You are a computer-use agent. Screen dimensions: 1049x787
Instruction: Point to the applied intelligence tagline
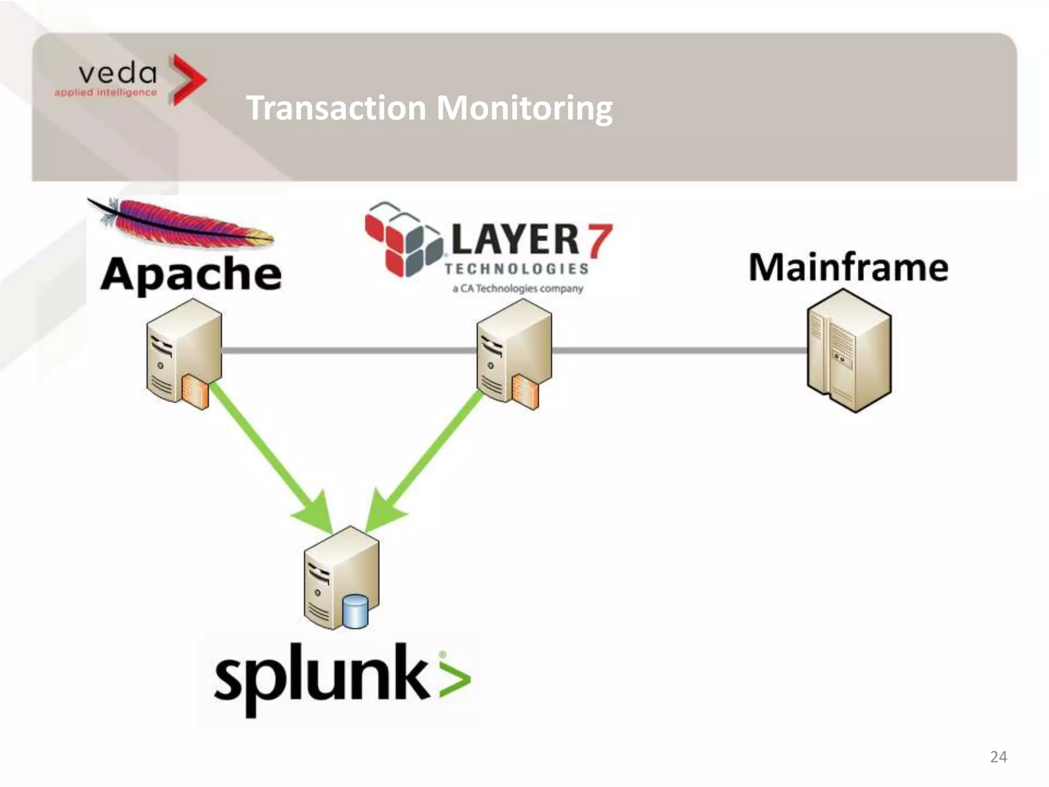[106, 92]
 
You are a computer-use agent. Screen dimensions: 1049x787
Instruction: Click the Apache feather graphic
[184, 223]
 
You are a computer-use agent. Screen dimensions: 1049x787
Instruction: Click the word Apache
[191, 274]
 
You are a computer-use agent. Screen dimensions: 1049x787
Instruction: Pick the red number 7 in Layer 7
[600, 241]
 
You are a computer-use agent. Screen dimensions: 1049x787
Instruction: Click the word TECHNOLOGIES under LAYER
[516, 268]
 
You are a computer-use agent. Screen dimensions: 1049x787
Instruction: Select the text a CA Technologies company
[517, 288]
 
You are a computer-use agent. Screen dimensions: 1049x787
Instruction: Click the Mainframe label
[848, 267]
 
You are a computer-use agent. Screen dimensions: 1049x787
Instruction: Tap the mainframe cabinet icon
[849, 351]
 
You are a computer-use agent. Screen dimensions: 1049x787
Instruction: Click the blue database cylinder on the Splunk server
[355, 611]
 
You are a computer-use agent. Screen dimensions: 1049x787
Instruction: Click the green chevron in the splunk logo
[455, 679]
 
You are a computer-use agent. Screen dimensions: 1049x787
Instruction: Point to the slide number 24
[998, 757]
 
